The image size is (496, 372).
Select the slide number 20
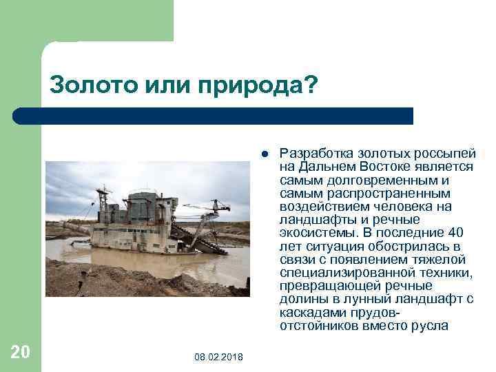coord(20,352)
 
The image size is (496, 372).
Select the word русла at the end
coord(429,325)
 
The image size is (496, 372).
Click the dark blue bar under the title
coord(227,116)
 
